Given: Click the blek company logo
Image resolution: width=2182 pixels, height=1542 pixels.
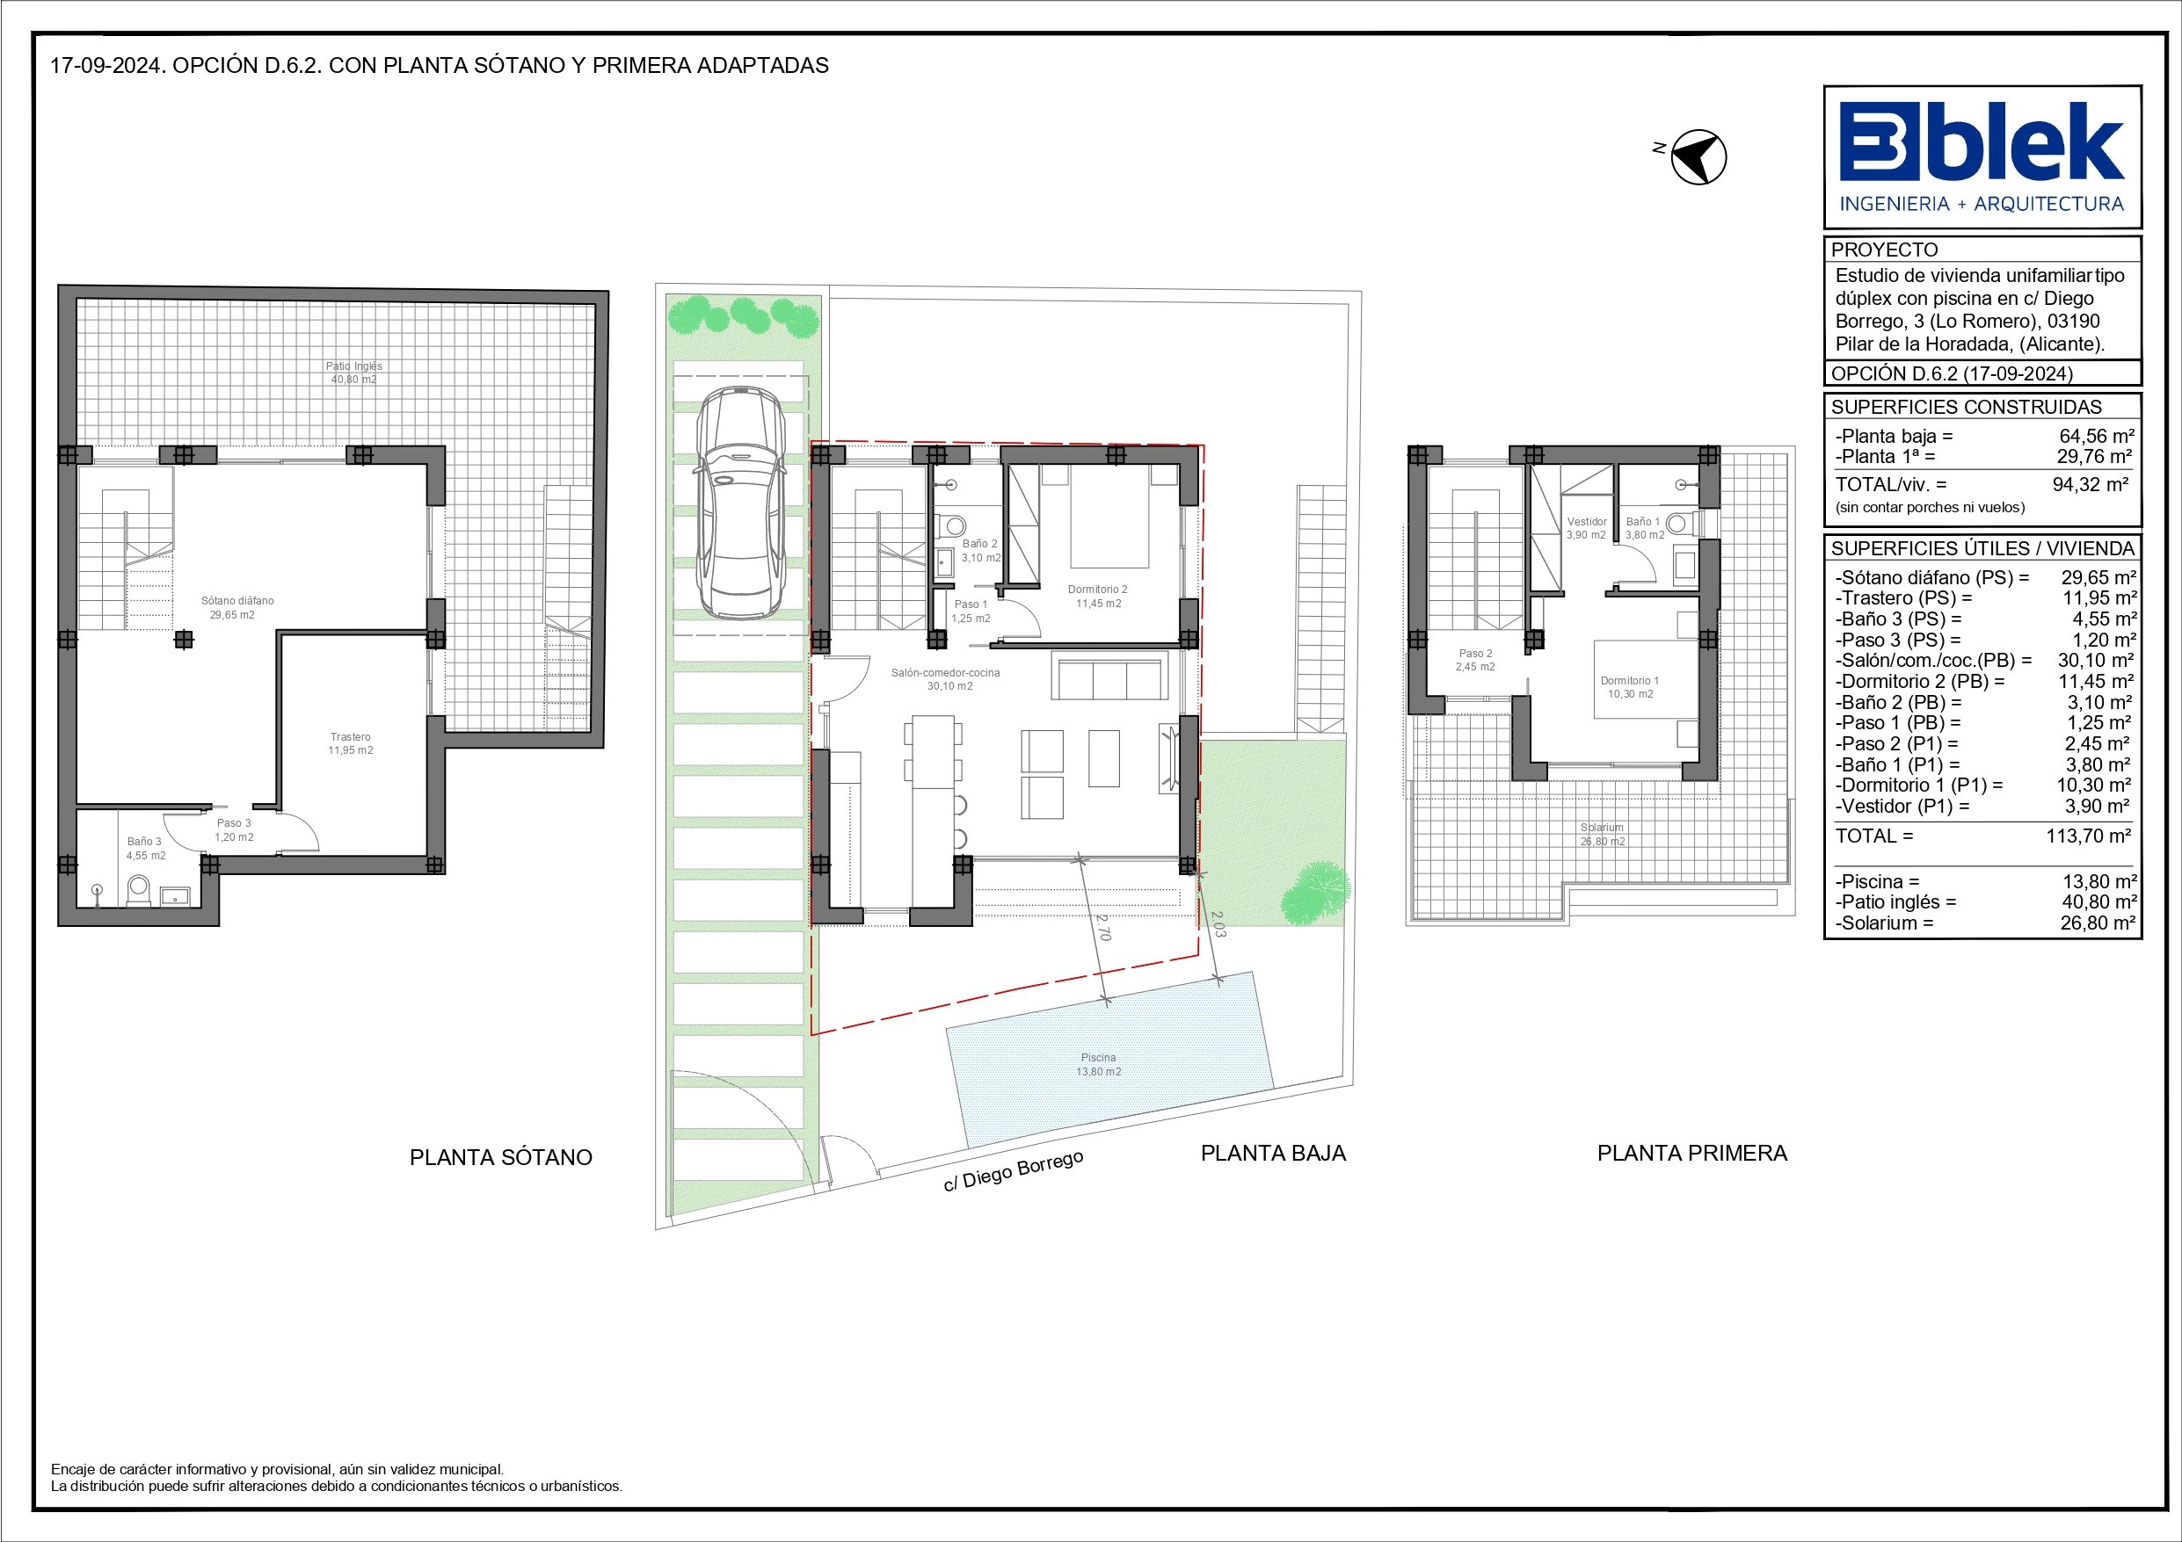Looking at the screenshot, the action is click(1982, 156).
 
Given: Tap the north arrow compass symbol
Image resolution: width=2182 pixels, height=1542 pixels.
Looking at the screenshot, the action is click(1698, 156).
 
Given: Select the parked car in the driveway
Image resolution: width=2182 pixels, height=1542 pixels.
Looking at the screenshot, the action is click(739, 503).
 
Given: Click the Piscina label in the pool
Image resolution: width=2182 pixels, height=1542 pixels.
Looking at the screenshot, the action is click(1098, 1058).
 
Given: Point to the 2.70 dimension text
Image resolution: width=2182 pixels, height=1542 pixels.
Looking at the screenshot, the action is click(1102, 927).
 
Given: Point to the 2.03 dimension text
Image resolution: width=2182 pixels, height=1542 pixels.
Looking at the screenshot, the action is click(1218, 924).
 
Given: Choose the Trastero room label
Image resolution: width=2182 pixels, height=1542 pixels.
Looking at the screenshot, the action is click(351, 736).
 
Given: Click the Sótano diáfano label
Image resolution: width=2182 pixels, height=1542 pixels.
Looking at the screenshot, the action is click(237, 600).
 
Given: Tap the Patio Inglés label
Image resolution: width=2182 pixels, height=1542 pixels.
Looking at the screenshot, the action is click(353, 366).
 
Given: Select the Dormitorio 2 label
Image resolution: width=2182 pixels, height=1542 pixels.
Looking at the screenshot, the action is click(1098, 589).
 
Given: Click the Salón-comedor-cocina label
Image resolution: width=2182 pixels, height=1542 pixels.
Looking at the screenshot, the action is click(946, 673).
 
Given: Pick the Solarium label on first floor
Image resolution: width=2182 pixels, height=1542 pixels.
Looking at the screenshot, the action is click(1602, 828).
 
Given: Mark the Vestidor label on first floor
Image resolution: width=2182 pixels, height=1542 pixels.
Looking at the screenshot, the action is click(1586, 522).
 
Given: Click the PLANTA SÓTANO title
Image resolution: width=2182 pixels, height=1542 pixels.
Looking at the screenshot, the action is click(501, 1157).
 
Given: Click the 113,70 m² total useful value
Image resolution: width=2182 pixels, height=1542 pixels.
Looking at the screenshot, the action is click(2088, 836).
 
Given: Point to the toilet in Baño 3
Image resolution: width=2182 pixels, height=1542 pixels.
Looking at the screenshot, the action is click(139, 889).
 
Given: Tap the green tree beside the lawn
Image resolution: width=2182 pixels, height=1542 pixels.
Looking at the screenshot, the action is click(1314, 892).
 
